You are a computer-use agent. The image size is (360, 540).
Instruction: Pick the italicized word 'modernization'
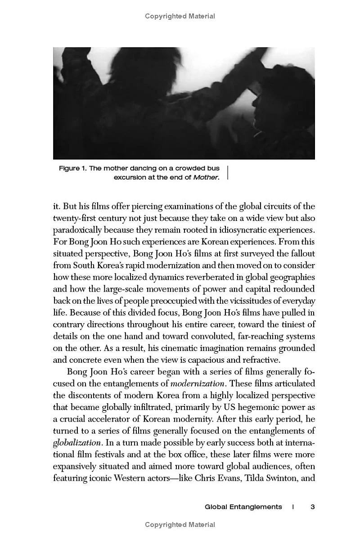pyautogui.click(x=197, y=383)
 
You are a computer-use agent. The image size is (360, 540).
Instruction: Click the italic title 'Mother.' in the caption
pyautogui.click(x=207, y=177)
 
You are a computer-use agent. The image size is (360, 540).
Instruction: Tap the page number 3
pyautogui.click(x=312, y=507)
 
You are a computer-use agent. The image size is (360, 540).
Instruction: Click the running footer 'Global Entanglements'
pyautogui.click(x=243, y=507)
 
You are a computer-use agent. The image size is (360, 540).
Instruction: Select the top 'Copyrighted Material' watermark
pyautogui.click(x=180, y=16)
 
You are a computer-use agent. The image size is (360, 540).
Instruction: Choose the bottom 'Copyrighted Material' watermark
pyautogui.click(x=180, y=524)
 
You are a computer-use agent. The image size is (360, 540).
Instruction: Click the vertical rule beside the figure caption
pyautogui.click(x=228, y=173)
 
